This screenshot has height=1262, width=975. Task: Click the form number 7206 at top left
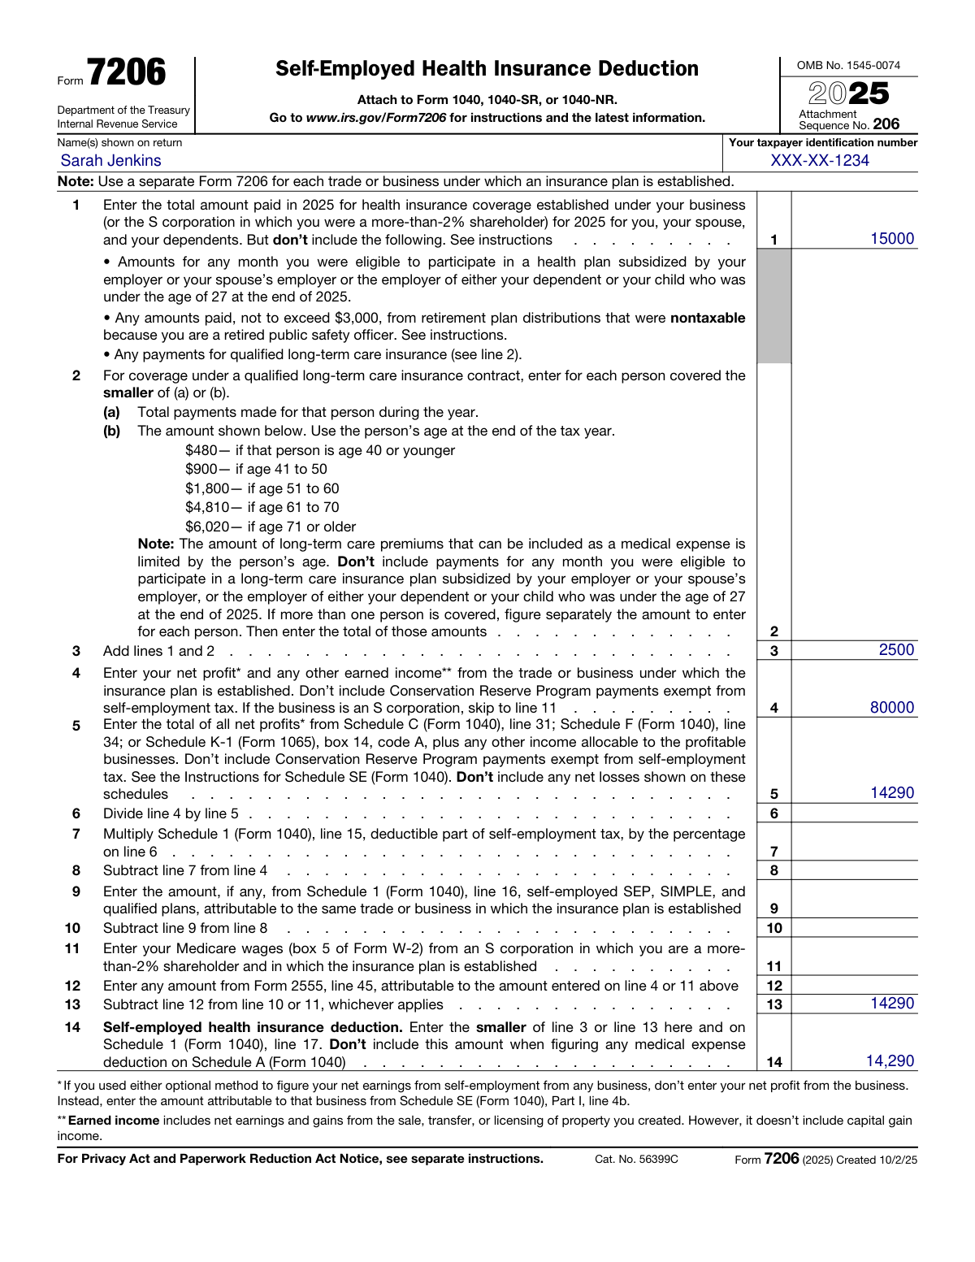pyautogui.click(x=126, y=73)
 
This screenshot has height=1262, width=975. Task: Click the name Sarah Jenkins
pyautogui.click(x=110, y=161)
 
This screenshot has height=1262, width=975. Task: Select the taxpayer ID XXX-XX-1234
pyautogui.click(x=819, y=161)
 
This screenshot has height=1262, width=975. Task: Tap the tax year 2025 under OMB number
pyautogui.click(x=848, y=93)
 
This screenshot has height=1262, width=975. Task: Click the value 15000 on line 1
pyautogui.click(x=891, y=239)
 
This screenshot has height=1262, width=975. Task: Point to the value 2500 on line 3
pyautogui.click(x=895, y=650)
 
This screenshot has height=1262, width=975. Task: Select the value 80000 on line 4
pyautogui.click(x=891, y=708)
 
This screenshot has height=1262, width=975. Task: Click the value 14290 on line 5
pyautogui.click(x=891, y=793)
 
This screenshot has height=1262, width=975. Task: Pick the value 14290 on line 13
pyautogui.click(x=891, y=1004)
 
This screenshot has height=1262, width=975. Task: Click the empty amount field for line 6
pyautogui.click(x=854, y=813)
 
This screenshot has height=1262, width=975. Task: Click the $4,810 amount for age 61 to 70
pyautogui.click(x=207, y=508)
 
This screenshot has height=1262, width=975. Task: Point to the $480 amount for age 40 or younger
pyautogui.click(x=201, y=451)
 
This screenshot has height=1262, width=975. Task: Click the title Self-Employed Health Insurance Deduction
pyautogui.click(x=487, y=69)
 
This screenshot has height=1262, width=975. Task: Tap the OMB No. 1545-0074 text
pyautogui.click(x=848, y=66)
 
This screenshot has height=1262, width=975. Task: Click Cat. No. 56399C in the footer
pyautogui.click(x=635, y=1160)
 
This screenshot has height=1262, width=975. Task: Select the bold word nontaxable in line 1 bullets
pyautogui.click(x=707, y=319)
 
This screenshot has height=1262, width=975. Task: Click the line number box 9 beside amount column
pyautogui.click(x=773, y=909)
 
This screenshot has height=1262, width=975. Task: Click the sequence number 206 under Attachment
pyautogui.click(x=886, y=124)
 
